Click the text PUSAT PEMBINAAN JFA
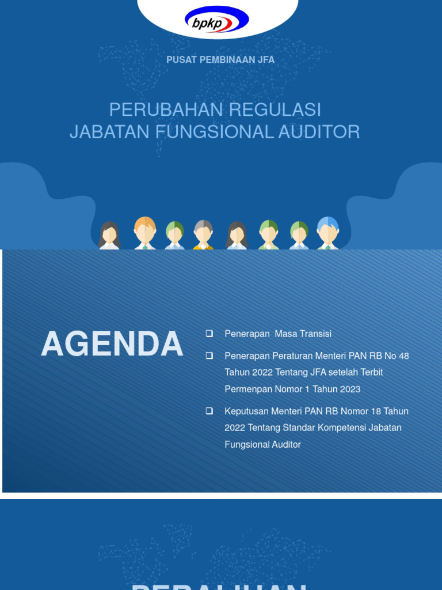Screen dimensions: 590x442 click(220, 60)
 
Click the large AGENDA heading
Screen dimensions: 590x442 click(112, 345)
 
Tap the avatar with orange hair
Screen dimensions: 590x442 click(145, 232)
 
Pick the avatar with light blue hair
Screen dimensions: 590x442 click(327, 232)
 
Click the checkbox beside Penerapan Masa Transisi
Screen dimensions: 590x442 click(209, 334)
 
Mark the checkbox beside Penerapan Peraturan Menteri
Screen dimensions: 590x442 click(209, 355)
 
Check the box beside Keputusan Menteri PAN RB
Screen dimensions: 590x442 click(209, 411)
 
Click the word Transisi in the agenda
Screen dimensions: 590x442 click(314, 334)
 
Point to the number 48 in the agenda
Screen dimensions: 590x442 click(403, 356)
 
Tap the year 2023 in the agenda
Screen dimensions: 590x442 click(349, 389)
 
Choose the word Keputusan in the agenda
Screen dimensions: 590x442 click(246, 411)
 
